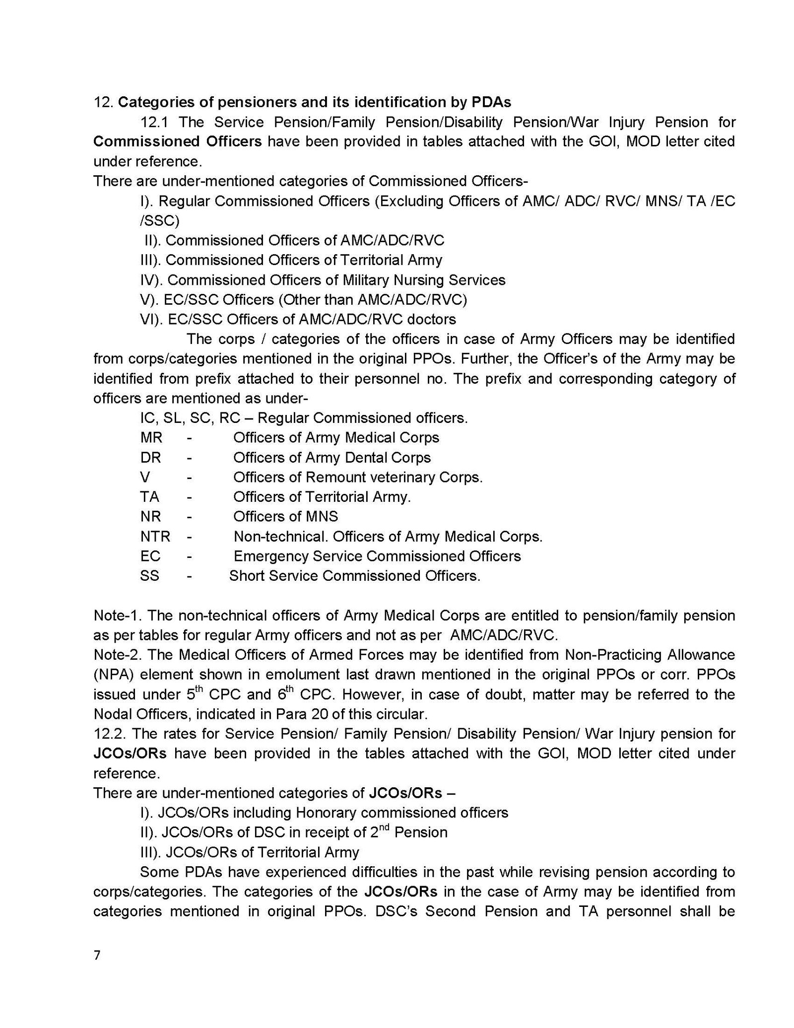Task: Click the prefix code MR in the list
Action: (151, 437)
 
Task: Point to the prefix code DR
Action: (150, 457)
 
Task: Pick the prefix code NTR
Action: (155, 536)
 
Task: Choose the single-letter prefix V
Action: (145, 477)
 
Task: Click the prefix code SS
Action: (150, 576)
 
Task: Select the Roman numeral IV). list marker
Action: (151, 280)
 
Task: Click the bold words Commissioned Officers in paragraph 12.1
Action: (177, 141)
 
